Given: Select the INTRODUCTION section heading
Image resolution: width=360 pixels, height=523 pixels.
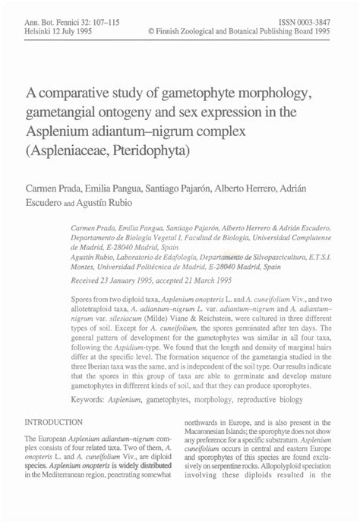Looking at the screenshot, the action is tap(55, 422).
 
